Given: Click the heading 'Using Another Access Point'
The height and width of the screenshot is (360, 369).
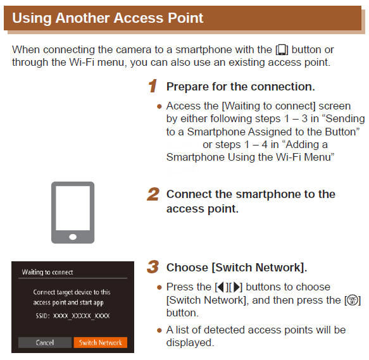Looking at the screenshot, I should pyautogui.click(x=108, y=18).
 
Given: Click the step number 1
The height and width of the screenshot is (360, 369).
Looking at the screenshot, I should pyautogui.click(x=152, y=86).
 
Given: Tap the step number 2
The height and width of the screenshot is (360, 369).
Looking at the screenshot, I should pyautogui.click(x=153, y=194).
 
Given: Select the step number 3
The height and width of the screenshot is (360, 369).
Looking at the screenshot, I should pyautogui.click(x=153, y=267).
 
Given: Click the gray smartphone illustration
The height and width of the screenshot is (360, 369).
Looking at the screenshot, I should pyautogui.click(x=73, y=212).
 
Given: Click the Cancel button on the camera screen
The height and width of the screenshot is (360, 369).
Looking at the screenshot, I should pyautogui.click(x=44, y=342).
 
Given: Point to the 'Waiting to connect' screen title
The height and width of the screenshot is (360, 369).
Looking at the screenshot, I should pyautogui.click(x=47, y=272).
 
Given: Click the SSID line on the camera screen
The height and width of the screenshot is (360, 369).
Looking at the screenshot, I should pyautogui.click(x=73, y=314).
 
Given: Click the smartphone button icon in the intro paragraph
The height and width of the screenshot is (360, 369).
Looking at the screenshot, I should pyautogui.click(x=282, y=49).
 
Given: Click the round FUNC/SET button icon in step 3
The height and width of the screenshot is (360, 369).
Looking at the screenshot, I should pyautogui.click(x=354, y=301).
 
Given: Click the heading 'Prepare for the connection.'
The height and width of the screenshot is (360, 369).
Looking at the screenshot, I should pyautogui.click(x=241, y=86).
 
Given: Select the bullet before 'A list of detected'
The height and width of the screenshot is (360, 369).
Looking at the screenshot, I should pyautogui.click(x=159, y=330).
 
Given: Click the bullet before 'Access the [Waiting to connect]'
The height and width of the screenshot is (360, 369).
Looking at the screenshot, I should pyautogui.click(x=159, y=106).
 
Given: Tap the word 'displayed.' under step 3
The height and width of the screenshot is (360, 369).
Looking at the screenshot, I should pyautogui.click(x=190, y=342).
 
